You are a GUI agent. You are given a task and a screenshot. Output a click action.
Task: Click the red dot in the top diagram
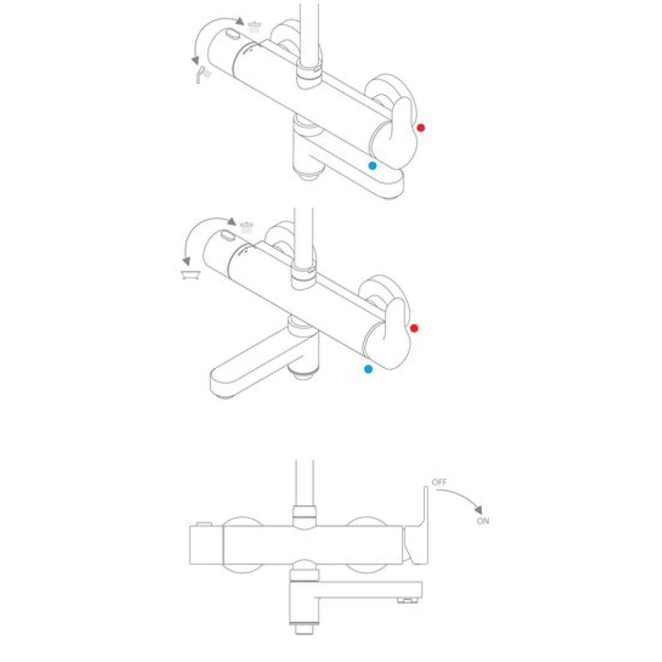point(420,128)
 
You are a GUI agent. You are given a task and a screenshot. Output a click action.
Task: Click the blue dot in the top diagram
point(372,165)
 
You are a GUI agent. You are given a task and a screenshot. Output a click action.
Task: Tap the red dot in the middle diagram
point(414,328)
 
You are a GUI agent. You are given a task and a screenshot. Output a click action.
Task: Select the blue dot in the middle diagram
point(368,369)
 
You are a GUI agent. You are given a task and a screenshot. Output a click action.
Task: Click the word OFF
point(439,482)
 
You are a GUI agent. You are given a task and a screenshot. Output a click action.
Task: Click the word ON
point(483,521)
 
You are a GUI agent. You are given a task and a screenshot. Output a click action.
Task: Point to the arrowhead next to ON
point(479,510)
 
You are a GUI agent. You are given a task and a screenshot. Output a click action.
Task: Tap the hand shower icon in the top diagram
point(203,74)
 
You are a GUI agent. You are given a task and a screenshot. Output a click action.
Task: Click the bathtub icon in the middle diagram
point(190,275)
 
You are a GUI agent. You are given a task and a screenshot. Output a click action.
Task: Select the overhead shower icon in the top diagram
point(254,27)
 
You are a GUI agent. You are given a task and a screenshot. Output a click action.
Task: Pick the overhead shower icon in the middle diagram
point(246,227)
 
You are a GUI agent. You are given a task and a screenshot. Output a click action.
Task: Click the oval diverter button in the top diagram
point(232,33)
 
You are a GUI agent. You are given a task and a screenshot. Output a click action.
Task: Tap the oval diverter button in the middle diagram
point(226,236)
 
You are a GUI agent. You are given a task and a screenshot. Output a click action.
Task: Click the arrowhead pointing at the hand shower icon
point(195,60)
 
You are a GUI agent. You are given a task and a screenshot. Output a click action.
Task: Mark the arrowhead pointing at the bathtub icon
point(186,261)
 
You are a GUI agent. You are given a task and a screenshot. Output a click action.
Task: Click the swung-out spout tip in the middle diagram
point(220,387)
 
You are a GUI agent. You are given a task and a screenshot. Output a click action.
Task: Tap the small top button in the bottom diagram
point(203,524)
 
